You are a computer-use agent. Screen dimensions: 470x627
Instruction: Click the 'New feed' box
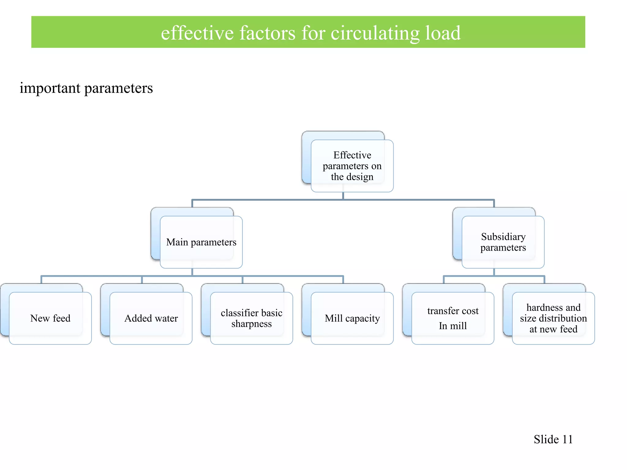50,318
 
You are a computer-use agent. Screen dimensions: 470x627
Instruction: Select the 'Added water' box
151,318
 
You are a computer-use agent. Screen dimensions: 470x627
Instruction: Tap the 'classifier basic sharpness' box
251,318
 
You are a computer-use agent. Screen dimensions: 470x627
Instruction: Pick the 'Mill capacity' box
352,318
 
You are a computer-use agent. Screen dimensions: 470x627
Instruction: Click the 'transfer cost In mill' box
452,318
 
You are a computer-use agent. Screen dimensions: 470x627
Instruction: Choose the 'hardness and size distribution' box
553,318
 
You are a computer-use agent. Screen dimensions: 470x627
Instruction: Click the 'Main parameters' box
201,242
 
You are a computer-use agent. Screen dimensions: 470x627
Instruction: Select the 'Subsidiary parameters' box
503,242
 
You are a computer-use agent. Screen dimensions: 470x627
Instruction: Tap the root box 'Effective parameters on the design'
352,166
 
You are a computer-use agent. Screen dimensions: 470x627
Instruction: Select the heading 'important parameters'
86,88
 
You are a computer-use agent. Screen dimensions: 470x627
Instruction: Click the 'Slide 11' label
553,439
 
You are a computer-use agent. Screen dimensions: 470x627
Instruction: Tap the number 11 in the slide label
567,439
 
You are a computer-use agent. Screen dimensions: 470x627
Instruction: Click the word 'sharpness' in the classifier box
251,324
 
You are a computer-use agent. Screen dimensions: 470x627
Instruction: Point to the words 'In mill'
452,326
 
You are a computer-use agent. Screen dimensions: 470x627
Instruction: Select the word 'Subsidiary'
503,237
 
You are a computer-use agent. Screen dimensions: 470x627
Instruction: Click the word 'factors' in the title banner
267,33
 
